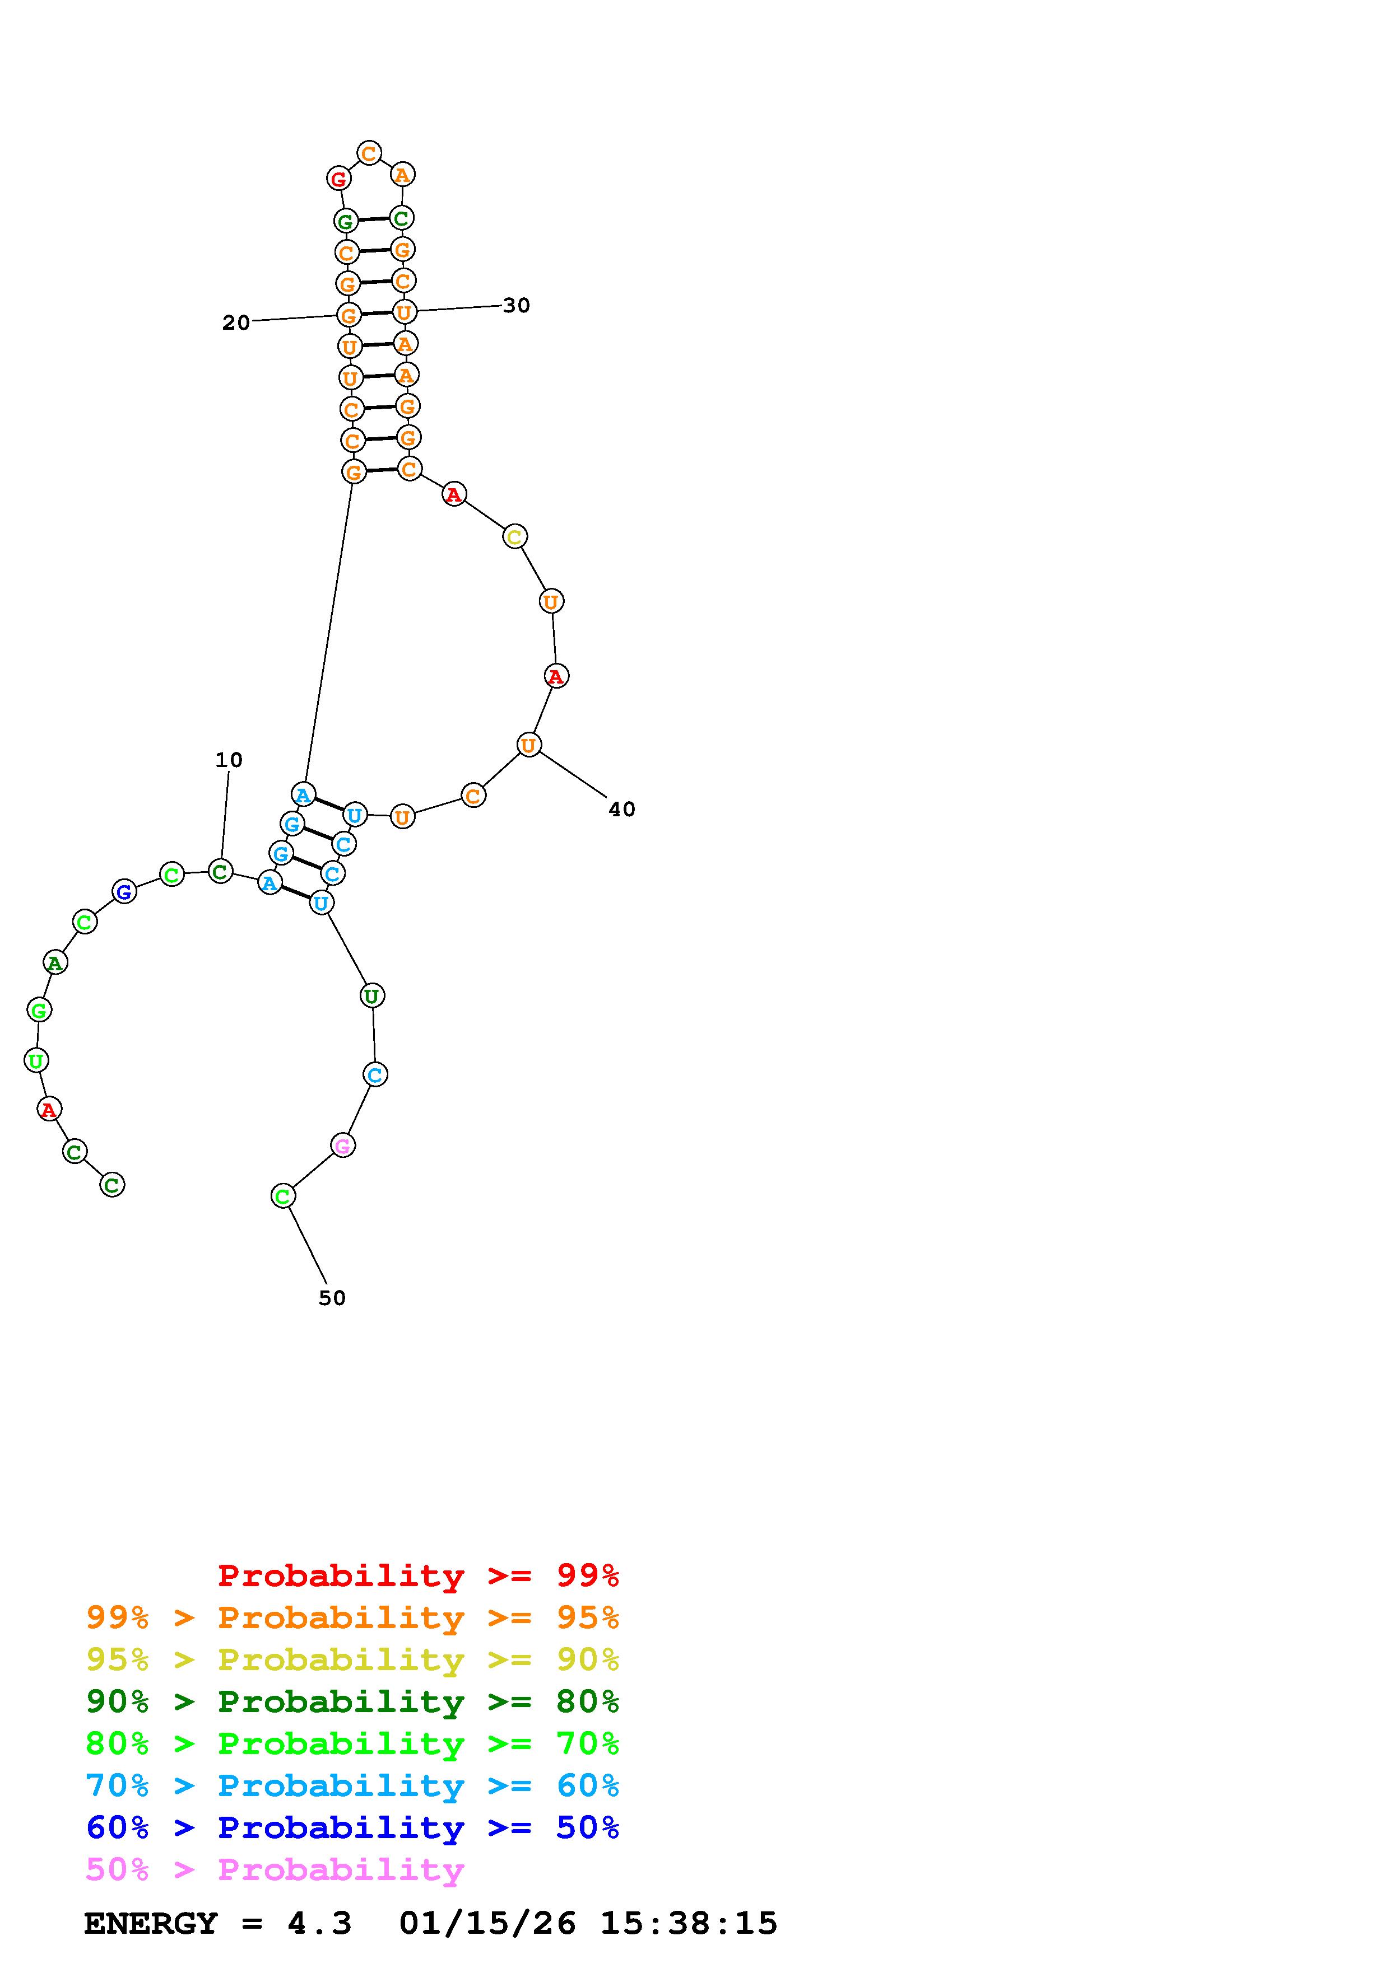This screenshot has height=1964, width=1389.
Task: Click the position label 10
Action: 229,760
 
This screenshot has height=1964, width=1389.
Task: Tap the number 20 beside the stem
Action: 236,322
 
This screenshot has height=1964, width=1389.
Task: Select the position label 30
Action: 516,305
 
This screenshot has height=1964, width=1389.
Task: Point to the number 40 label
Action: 622,809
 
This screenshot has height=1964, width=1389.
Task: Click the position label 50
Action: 332,1298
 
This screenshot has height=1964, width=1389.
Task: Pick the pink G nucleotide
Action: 342,1145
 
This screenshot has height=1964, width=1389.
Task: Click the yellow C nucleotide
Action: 514,537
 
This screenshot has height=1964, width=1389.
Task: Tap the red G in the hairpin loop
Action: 339,179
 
